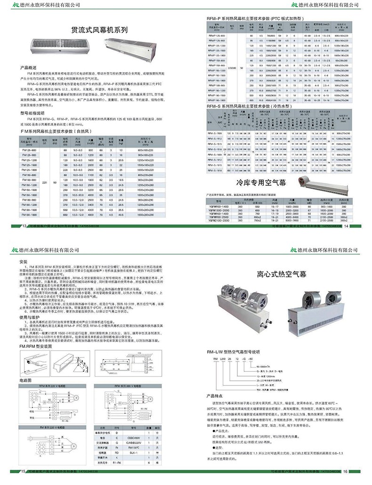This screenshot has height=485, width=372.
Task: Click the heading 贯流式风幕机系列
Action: coord(99,29)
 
